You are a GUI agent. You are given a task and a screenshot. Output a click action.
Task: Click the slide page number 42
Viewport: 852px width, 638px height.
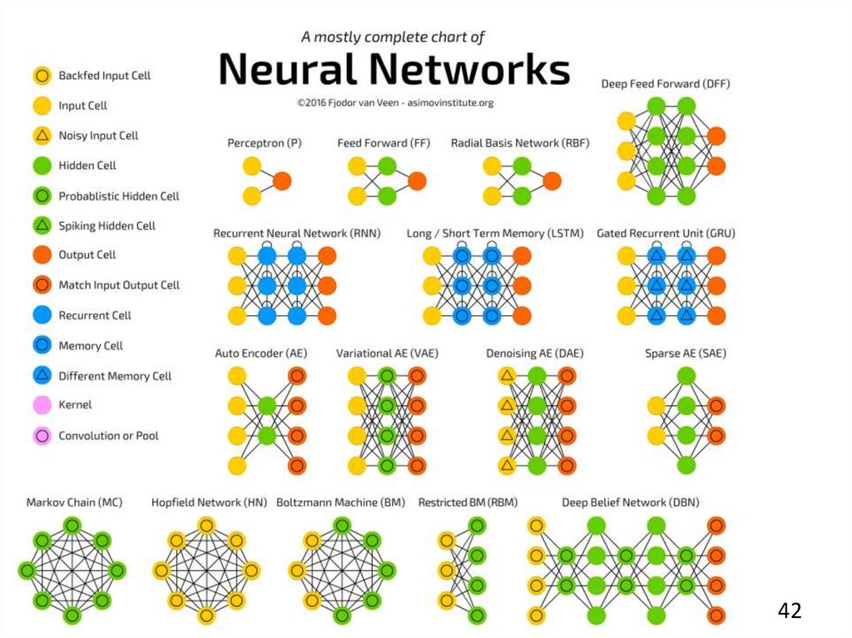(x=790, y=611)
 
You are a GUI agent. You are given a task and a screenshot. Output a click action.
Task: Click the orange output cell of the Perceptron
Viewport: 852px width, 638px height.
(x=282, y=181)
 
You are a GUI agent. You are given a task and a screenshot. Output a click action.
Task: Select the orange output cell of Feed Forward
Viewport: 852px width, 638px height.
(x=417, y=181)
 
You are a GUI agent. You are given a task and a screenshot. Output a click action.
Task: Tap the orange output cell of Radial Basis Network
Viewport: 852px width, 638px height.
(x=552, y=181)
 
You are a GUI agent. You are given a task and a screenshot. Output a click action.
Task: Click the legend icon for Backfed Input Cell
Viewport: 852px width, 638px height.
(x=41, y=76)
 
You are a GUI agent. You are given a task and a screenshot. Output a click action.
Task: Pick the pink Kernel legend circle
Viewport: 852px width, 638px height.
(x=41, y=405)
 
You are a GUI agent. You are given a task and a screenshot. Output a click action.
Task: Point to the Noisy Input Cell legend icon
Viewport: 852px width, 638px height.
(x=41, y=136)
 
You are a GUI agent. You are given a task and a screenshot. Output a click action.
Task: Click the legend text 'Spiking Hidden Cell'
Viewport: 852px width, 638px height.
(x=106, y=225)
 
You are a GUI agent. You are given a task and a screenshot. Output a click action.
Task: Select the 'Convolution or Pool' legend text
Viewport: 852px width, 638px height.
(x=108, y=436)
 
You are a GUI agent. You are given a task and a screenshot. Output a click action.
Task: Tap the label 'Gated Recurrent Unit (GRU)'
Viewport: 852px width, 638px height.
(x=666, y=234)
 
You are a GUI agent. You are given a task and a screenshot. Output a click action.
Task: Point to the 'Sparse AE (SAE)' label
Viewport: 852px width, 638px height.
(x=685, y=354)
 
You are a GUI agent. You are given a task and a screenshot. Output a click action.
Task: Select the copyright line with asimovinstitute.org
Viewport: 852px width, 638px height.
(x=394, y=103)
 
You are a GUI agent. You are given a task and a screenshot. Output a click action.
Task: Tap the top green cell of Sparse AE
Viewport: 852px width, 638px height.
(x=685, y=376)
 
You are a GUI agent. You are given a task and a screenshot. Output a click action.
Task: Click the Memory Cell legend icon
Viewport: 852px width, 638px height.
(x=41, y=346)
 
